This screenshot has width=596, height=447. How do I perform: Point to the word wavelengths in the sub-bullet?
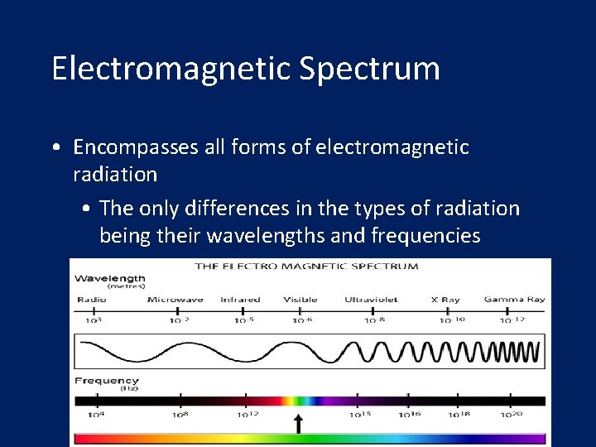point(265,236)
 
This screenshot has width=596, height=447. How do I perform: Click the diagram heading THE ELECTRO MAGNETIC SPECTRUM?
point(306,267)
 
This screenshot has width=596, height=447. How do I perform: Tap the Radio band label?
point(91,300)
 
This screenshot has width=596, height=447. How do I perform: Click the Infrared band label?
point(240,300)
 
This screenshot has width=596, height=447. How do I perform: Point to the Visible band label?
point(300,300)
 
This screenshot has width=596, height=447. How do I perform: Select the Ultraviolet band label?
point(372,300)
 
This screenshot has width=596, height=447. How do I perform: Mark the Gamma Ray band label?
point(514,300)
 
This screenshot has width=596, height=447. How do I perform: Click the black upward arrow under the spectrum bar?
point(299,424)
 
